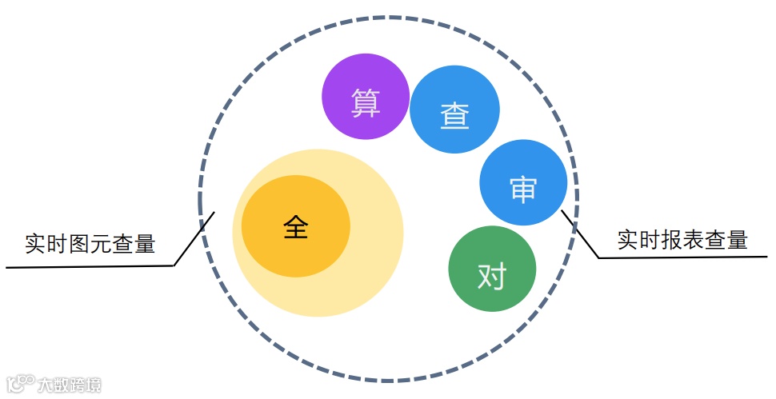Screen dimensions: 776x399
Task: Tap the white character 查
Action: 454,117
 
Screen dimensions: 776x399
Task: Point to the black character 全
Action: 295,227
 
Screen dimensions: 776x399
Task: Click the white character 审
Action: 523,190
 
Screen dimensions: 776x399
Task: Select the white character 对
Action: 492,277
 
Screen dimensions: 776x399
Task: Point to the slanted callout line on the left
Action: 194,238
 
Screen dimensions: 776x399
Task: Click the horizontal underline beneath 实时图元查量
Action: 88,266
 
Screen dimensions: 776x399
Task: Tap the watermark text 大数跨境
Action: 70,385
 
